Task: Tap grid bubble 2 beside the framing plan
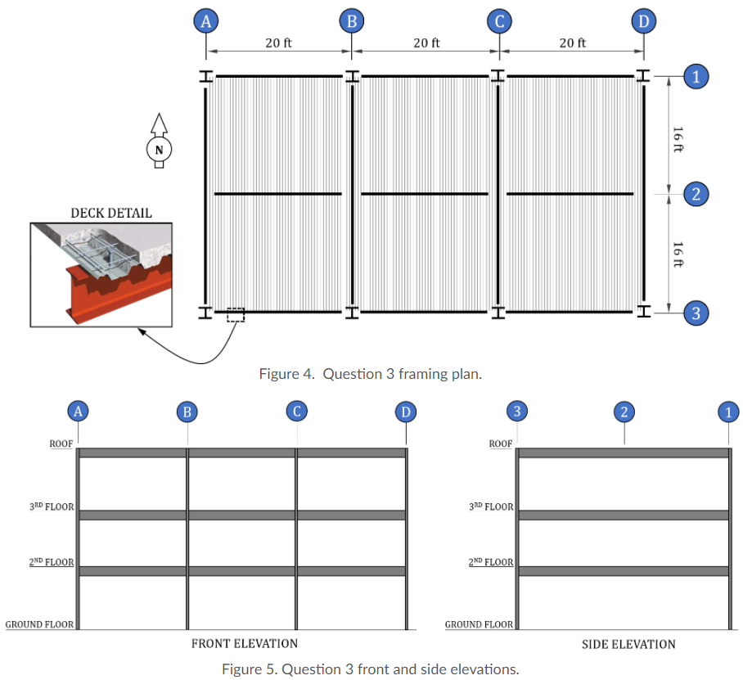pyautogui.click(x=696, y=194)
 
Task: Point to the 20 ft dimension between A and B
pyautogui.click(x=278, y=43)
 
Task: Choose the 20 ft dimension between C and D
pyautogui.click(x=572, y=43)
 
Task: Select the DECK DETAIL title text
pyautogui.click(x=110, y=213)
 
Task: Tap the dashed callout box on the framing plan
pyautogui.click(x=235, y=315)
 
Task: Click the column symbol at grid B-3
pyautogui.click(x=352, y=312)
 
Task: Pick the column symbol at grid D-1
pyautogui.click(x=643, y=76)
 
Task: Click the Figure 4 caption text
pyautogui.click(x=370, y=374)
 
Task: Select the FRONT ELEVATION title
pyautogui.click(x=244, y=643)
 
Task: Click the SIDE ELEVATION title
pyautogui.click(x=628, y=644)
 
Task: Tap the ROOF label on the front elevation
pyautogui.click(x=61, y=444)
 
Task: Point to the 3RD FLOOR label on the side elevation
pyautogui.click(x=491, y=507)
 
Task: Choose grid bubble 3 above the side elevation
pyautogui.click(x=516, y=411)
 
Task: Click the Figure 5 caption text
pyautogui.click(x=370, y=669)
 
